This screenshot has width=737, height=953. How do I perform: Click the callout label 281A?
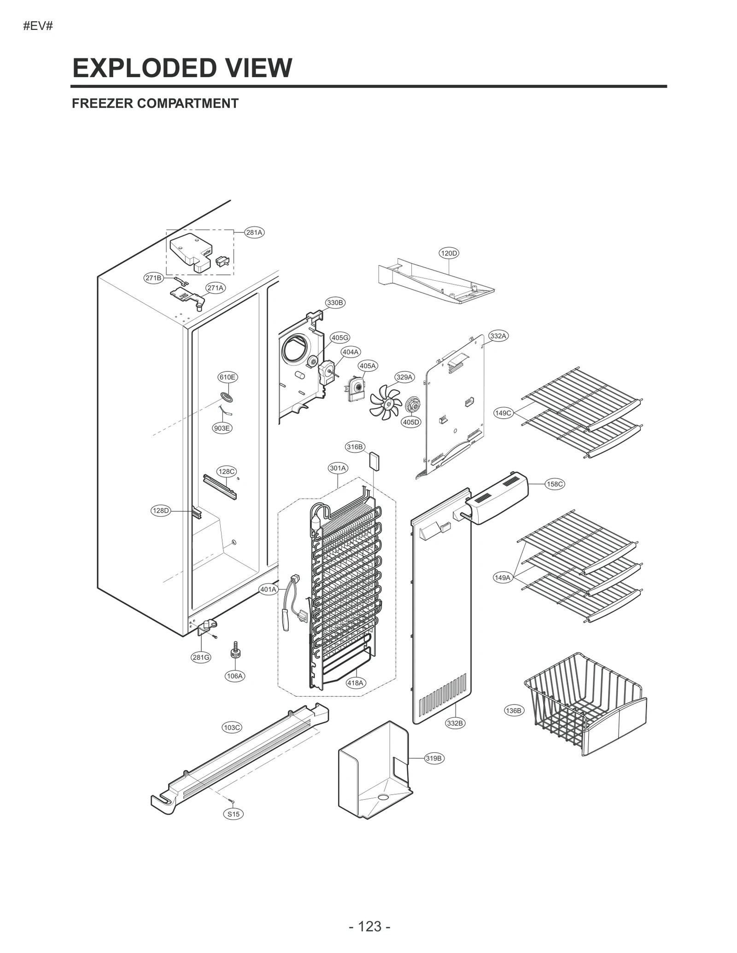(x=254, y=232)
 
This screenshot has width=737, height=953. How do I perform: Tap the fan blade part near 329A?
(x=385, y=403)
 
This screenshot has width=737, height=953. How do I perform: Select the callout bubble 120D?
(x=449, y=253)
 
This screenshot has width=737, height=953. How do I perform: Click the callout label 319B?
(x=433, y=758)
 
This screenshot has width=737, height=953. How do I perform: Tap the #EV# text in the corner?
(x=38, y=26)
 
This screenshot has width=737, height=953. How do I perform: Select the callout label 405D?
(x=411, y=422)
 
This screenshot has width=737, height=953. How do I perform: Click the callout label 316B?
(x=355, y=447)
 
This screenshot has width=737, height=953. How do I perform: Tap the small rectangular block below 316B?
(x=374, y=461)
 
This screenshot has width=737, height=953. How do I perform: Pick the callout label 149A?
(x=503, y=578)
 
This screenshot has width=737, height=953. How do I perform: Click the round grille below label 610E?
(x=227, y=397)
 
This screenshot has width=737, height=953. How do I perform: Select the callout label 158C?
(x=555, y=484)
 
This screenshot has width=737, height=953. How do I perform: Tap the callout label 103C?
(x=232, y=728)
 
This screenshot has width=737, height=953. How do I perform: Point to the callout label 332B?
(x=455, y=723)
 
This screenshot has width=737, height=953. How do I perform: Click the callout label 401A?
(x=268, y=589)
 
